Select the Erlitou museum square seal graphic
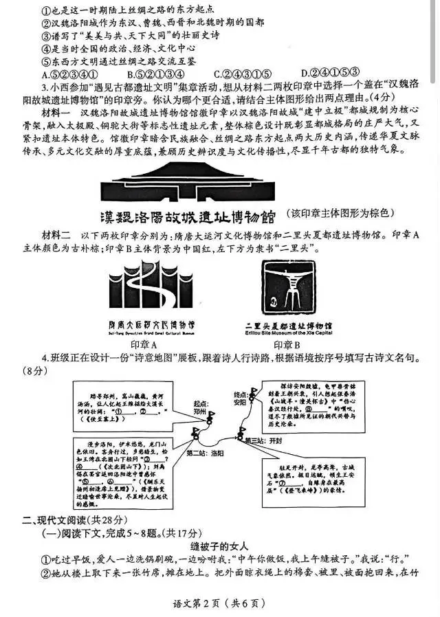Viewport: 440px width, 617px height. [x=284, y=288]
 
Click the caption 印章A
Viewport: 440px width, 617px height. [x=144, y=344]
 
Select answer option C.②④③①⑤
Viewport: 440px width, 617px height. [x=241, y=74]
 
